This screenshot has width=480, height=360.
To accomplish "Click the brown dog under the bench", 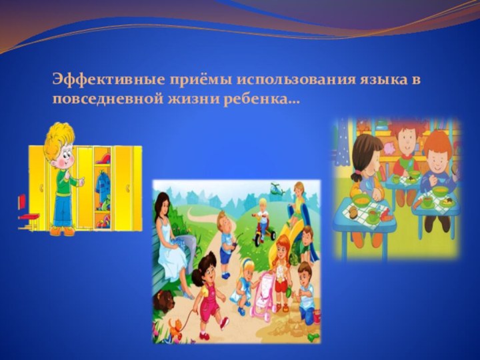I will (x=163, y=301).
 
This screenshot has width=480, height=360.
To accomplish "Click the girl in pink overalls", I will (x=208, y=293).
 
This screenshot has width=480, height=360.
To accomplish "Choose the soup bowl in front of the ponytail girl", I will (x=363, y=199).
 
